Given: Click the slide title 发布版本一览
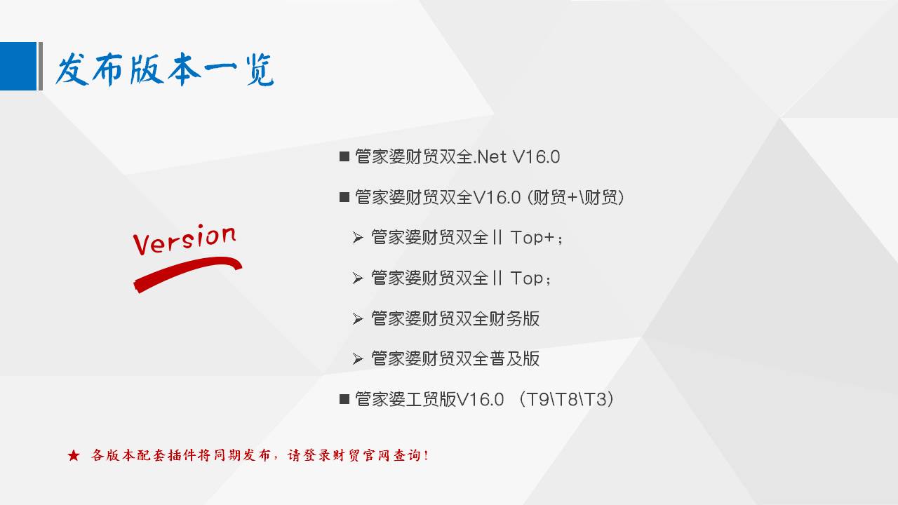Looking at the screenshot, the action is [164, 69].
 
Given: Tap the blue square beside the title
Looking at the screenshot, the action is [18, 66].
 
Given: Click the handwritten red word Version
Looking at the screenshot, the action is [185, 239].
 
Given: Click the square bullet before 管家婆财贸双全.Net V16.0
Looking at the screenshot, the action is [344, 156].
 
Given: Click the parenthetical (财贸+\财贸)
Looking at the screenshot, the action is [576, 197].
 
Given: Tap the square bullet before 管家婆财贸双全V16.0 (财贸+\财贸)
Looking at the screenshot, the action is [344, 197].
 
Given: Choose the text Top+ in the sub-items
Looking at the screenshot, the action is [532, 238].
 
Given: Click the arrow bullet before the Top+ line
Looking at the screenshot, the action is [358, 238].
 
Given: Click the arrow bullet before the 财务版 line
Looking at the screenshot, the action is [358, 319].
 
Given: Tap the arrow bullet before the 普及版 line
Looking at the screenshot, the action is [358, 358].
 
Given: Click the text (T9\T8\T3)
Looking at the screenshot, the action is [566, 400].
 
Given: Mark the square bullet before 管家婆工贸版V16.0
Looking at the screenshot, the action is [344, 399].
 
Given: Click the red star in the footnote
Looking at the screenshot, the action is [74, 455].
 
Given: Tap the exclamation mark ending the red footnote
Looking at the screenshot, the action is [426, 455].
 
